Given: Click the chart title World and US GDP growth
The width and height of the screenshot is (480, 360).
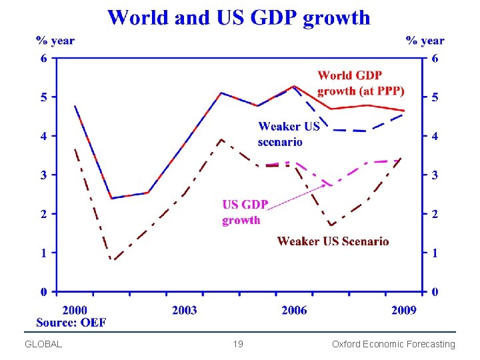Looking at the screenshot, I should pyautogui.click(x=239, y=17).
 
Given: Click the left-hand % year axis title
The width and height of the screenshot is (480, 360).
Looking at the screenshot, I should pyautogui.click(x=55, y=41).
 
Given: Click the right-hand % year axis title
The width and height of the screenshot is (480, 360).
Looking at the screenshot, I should pyautogui.click(x=425, y=41).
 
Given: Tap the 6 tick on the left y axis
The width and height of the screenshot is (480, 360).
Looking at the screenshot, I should pyautogui.click(x=43, y=59).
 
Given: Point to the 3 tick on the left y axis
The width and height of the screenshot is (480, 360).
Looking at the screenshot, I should pyautogui.click(x=43, y=175).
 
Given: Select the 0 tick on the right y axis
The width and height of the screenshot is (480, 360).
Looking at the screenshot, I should pyautogui.click(x=435, y=292).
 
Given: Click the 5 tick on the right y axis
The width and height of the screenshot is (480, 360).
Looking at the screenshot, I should pyautogui.click(x=435, y=98).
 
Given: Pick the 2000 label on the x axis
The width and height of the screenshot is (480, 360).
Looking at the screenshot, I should pyautogui.click(x=75, y=310).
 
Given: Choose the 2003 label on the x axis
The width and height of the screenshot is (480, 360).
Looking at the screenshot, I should pyautogui.click(x=184, y=310).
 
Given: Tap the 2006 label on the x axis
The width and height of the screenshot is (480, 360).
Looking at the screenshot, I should pyautogui.click(x=294, y=310).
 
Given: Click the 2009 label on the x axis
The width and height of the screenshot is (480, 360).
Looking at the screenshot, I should pyautogui.click(x=403, y=310).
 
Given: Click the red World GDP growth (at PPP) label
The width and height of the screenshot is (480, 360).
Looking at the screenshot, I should pyautogui.click(x=361, y=83).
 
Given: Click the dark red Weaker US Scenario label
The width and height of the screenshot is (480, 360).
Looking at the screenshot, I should pyautogui.click(x=333, y=241).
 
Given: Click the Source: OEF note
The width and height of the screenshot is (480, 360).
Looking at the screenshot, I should pyautogui.click(x=71, y=323).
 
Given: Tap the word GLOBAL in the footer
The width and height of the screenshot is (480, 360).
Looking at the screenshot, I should pyautogui.click(x=43, y=345).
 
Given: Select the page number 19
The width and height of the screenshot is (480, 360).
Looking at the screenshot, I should pyautogui.click(x=238, y=345).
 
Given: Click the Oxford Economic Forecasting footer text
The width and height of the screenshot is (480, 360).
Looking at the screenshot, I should pyautogui.click(x=393, y=345).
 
